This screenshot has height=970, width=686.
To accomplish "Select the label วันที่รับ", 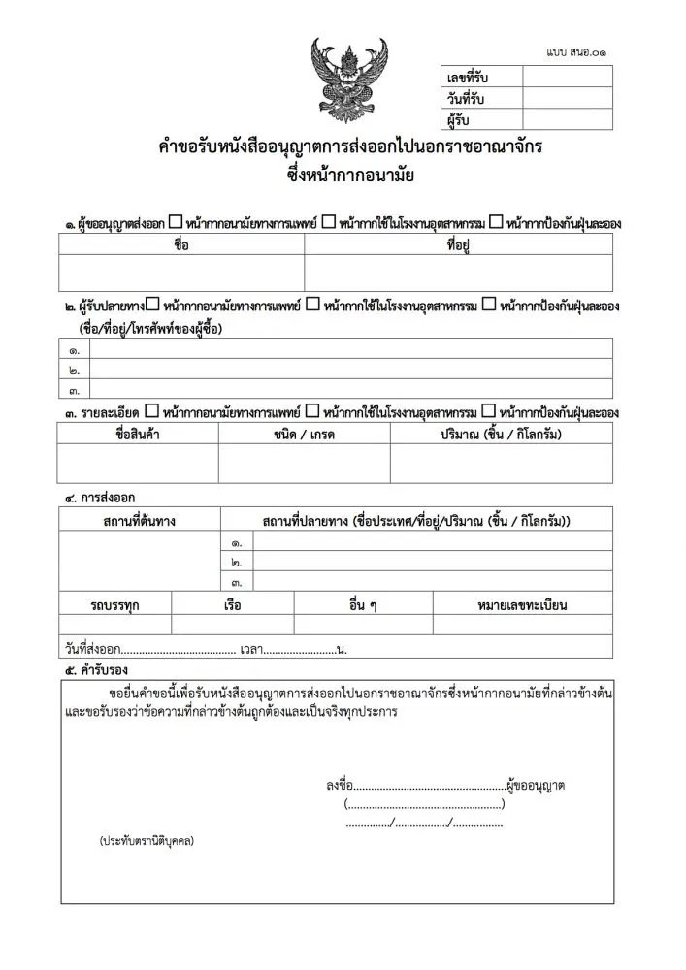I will pyautogui.click(x=466, y=99).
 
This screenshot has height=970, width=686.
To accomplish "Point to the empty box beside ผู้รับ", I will pyautogui.click(x=567, y=120).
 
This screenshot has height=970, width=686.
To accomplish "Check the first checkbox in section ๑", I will pyautogui.click(x=174, y=222).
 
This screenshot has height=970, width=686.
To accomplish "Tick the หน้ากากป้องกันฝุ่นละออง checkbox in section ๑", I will pyautogui.click(x=496, y=222).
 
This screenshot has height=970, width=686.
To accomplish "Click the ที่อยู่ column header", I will pyautogui.click(x=458, y=244).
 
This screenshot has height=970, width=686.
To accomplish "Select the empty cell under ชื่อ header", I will pyautogui.click(x=181, y=273).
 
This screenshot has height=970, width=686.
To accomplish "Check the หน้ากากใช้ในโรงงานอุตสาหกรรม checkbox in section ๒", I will pyautogui.click(x=312, y=305).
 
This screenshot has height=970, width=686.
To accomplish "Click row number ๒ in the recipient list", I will pyautogui.click(x=75, y=370).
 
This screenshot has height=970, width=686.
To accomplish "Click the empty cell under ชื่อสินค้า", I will pyautogui.click(x=138, y=464).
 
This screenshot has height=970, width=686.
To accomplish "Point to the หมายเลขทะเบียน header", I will pyautogui.click(x=522, y=605).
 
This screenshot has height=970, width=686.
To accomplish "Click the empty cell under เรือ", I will pyautogui.click(x=233, y=625).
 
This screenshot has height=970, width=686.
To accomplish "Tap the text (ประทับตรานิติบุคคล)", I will pyautogui.click(x=147, y=840).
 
